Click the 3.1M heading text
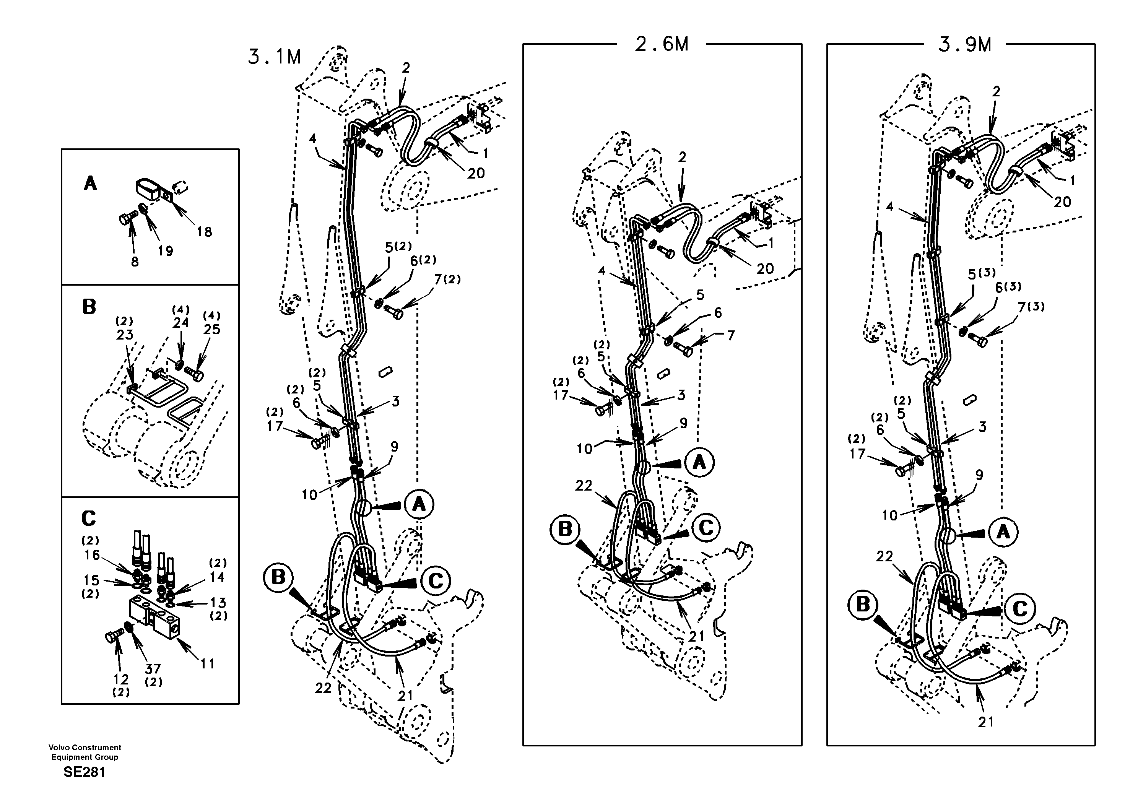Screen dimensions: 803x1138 coord(274,57)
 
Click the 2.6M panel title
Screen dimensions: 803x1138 coord(662,45)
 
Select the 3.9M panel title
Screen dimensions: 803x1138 coord(964,45)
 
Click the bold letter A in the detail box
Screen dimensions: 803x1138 coord(90,184)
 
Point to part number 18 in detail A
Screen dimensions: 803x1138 coord(204,231)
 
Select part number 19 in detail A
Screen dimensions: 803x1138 coord(165,251)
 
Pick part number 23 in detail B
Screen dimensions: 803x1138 coord(124,335)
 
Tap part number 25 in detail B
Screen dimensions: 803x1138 coord(211,330)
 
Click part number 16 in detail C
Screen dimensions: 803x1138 coord(92,555)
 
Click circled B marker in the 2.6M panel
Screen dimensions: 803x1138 coord(564,529)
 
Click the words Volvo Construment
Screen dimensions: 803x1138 coord(85,748)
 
